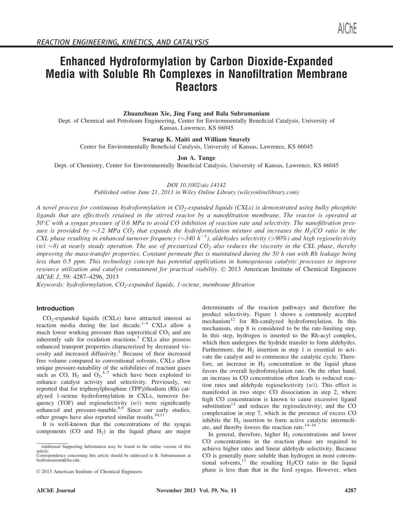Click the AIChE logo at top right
click(347, 29)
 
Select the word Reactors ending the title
click(196, 87)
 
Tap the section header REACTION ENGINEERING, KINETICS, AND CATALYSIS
click(122, 42)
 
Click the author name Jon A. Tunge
click(196, 158)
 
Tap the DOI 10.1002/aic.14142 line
click(196, 185)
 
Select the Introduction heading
click(55, 308)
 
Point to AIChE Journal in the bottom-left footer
click(56, 490)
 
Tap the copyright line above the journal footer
click(89, 472)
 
